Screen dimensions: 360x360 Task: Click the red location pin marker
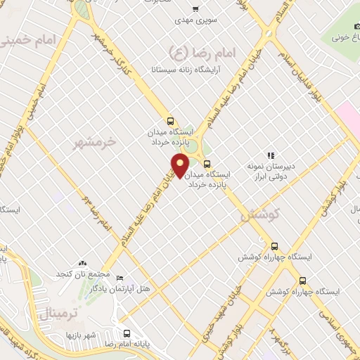(x=181, y=165)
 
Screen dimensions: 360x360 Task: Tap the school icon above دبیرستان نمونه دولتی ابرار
(x=270, y=155)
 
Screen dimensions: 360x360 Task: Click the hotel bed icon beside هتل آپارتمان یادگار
(x=119, y=278)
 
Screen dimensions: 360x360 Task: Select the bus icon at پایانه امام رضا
(x=127, y=334)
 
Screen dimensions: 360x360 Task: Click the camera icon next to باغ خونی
(x=337, y=34)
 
